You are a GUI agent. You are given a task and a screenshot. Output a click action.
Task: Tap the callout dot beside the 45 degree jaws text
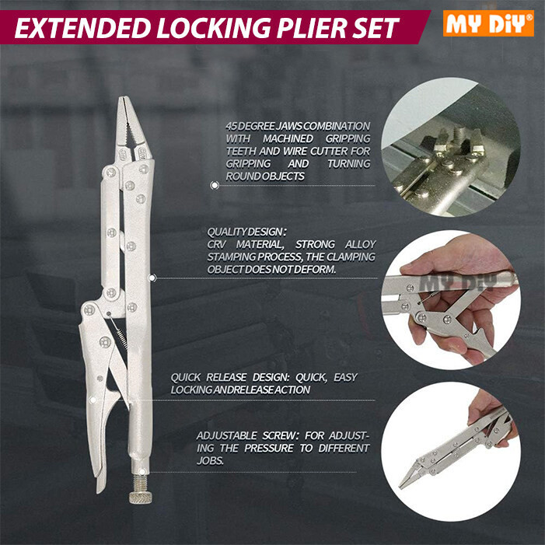(x=214, y=186)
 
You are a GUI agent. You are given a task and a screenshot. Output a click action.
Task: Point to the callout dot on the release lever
(x=93, y=400)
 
